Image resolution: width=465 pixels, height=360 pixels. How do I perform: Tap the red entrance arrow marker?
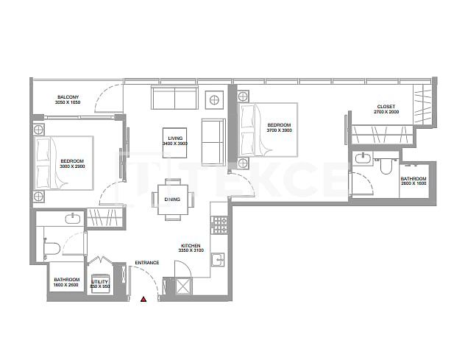point(144,300)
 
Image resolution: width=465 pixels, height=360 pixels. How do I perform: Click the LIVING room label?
point(174,138)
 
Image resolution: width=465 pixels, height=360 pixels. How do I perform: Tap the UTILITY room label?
point(99,281)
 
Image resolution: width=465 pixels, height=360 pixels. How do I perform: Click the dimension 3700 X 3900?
point(280,130)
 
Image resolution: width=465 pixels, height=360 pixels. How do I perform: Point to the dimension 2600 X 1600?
point(412,184)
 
